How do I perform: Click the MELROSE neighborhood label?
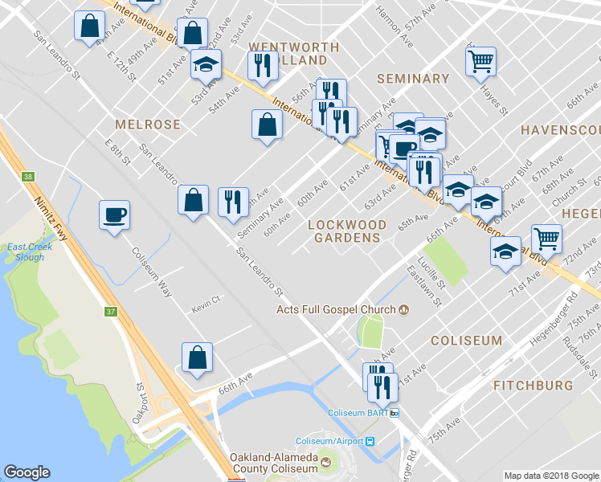click(x=148, y=125)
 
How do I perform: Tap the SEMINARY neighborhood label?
click(x=413, y=79)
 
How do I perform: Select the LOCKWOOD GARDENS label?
click(x=347, y=231)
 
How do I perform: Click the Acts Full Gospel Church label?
click(x=336, y=309)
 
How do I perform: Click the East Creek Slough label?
click(x=30, y=251)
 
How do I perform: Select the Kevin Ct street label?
click(x=206, y=309)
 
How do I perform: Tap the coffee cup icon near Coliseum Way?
click(x=113, y=215)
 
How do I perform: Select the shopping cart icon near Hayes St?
click(x=480, y=60)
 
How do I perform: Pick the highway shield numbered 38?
click(x=29, y=177)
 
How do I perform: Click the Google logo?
click(x=27, y=473)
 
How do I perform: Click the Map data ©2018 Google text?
click(x=550, y=476)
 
